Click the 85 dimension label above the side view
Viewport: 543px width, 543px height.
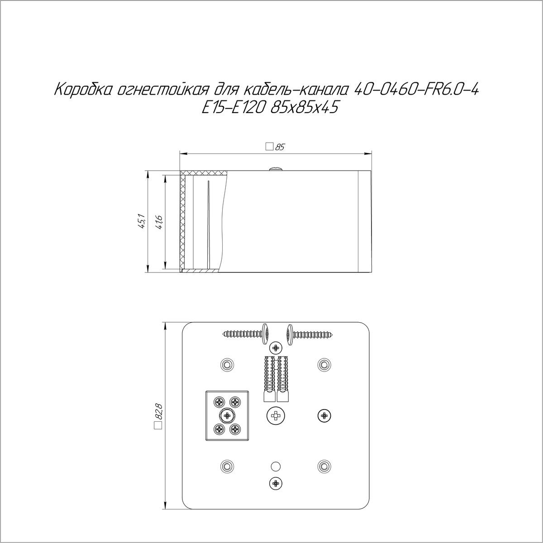(x=279, y=147)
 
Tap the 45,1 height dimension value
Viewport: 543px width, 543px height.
(x=142, y=221)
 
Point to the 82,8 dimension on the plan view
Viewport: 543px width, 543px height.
(x=158, y=417)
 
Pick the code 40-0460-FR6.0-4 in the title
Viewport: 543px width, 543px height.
(x=416, y=89)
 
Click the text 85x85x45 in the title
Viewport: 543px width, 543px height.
(x=304, y=108)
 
